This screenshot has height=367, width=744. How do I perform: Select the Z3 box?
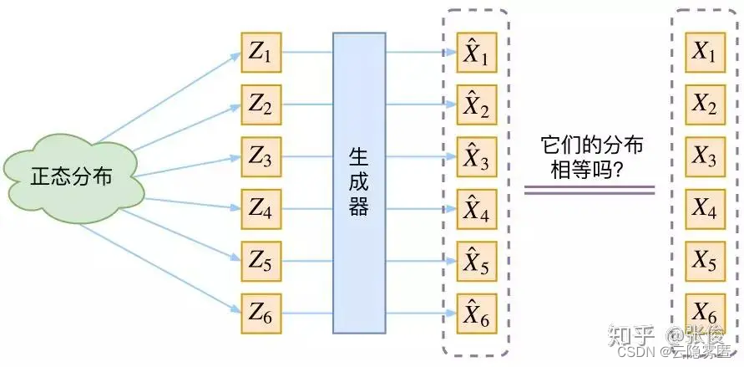[261, 157]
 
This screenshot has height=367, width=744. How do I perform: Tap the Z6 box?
[261, 314]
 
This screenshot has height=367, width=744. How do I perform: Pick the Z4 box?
[261, 210]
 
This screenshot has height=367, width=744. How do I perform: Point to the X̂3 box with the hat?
[477, 157]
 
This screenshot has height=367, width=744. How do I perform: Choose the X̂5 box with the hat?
[477, 263]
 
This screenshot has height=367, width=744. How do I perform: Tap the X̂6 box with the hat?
[477, 314]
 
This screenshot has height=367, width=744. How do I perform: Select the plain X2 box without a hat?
[705, 105]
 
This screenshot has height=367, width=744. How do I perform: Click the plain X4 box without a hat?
[705, 210]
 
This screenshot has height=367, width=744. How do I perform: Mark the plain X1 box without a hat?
[705, 54]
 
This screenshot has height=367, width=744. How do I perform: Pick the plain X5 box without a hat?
[705, 263]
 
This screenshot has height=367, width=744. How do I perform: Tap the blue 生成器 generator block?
[359, 183]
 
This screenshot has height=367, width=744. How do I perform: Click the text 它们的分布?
[592, 145]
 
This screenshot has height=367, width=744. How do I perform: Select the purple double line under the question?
[589, 191]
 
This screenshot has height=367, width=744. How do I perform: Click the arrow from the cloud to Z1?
[167, 99]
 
